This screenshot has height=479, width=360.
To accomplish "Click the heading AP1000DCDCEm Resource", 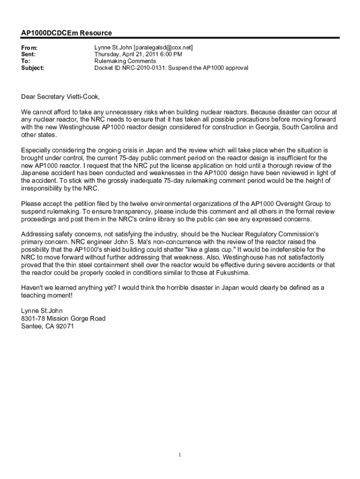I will click(66, 33).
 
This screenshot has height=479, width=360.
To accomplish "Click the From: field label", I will click(29, 48).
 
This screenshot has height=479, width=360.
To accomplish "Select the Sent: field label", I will click(29, 54).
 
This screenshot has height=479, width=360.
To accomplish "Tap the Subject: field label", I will click(33, 68).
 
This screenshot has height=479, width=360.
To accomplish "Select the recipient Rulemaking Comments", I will click(125, 61).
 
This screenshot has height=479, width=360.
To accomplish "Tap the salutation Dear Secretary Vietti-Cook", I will click(60, 97).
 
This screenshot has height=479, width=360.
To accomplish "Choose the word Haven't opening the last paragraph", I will click(32, 288).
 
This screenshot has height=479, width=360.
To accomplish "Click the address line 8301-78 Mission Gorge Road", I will click(63, 319).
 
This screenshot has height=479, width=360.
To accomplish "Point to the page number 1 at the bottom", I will click(180, 455).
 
